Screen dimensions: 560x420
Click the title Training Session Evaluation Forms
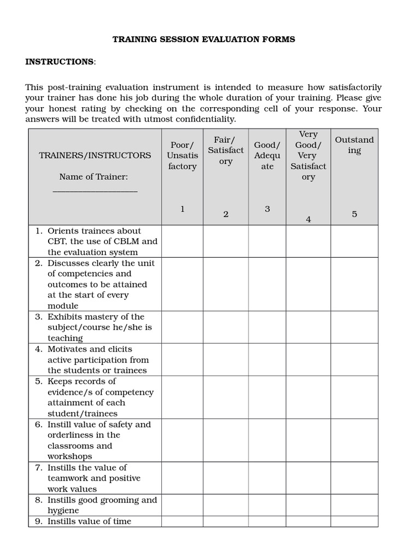coord(203,39)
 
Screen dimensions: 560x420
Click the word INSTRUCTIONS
coord(60,62)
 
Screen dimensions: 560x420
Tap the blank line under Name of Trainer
coord(95,191)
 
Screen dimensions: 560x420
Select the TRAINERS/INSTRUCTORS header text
coord(95,155)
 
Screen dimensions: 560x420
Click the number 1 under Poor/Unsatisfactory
coord(182,209)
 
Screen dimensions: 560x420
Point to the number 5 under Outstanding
coord(354,214)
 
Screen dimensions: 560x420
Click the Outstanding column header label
coord(354,145)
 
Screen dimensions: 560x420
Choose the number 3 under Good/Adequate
coord(267,209)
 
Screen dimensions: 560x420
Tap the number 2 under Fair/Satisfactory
coord(225,214)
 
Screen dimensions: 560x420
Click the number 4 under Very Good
coord(308,219)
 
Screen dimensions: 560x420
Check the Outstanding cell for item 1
coord(354,241)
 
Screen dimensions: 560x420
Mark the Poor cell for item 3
coord(182,327)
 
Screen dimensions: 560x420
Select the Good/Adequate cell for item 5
coord(267,397)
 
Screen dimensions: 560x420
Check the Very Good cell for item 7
coord(308,478)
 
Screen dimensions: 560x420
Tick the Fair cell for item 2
coord(225,284)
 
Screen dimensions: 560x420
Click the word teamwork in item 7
coord(69,478)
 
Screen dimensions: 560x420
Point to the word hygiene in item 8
coord(63,510)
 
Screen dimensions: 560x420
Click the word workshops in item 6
coord(70,456)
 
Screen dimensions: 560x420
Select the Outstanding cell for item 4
coord(354,359)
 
